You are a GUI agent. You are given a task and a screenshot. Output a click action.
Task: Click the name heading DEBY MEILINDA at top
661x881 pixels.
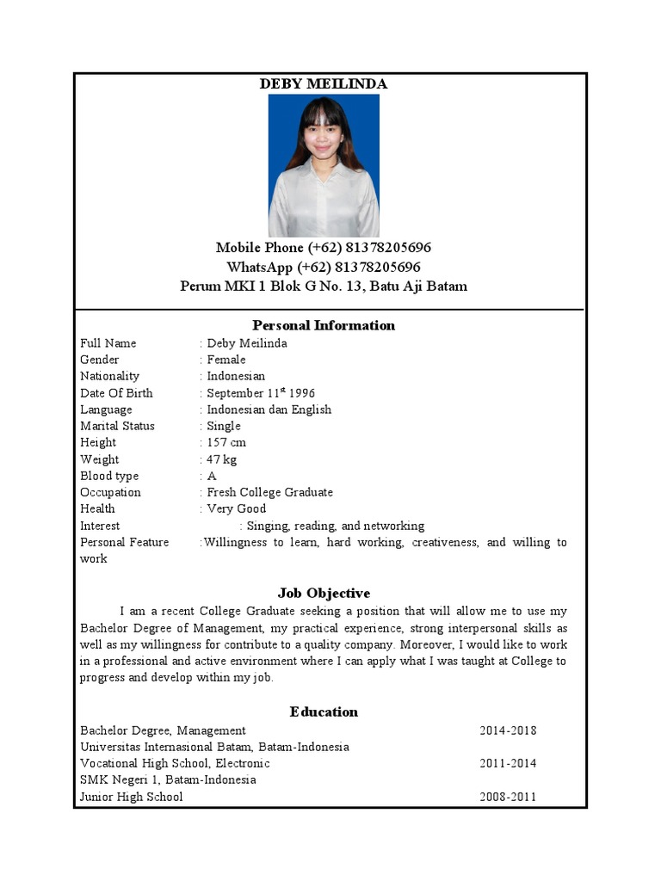324,83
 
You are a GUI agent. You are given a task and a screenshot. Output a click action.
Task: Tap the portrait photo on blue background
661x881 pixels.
324,166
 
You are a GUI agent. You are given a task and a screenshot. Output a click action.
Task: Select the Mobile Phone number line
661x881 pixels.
324,248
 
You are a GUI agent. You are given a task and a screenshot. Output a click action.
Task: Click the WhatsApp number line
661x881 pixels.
324,267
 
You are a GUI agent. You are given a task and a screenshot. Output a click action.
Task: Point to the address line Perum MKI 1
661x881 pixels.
324,286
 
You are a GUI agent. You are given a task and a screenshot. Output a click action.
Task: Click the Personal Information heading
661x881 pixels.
324,325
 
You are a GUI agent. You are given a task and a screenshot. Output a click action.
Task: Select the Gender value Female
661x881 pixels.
226,360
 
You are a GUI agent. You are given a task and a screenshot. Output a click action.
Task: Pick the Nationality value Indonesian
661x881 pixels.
236,376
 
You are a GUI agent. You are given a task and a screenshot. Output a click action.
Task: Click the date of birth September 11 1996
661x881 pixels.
261,393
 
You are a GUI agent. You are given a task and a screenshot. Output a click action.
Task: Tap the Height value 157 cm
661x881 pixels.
226,442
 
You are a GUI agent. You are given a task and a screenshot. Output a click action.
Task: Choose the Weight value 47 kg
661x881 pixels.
222,459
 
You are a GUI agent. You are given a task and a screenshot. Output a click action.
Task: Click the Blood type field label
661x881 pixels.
109,476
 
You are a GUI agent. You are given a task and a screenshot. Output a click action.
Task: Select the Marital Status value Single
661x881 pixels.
224,426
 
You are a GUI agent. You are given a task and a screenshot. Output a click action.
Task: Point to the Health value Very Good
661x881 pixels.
237,508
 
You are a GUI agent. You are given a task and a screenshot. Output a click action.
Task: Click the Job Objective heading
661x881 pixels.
324,593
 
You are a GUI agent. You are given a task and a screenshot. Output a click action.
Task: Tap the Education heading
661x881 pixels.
324,712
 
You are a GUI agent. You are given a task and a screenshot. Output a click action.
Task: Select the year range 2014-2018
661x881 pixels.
508,730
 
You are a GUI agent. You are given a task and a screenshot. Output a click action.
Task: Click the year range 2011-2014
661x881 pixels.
508,763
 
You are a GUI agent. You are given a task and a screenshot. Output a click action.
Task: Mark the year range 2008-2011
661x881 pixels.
508,797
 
